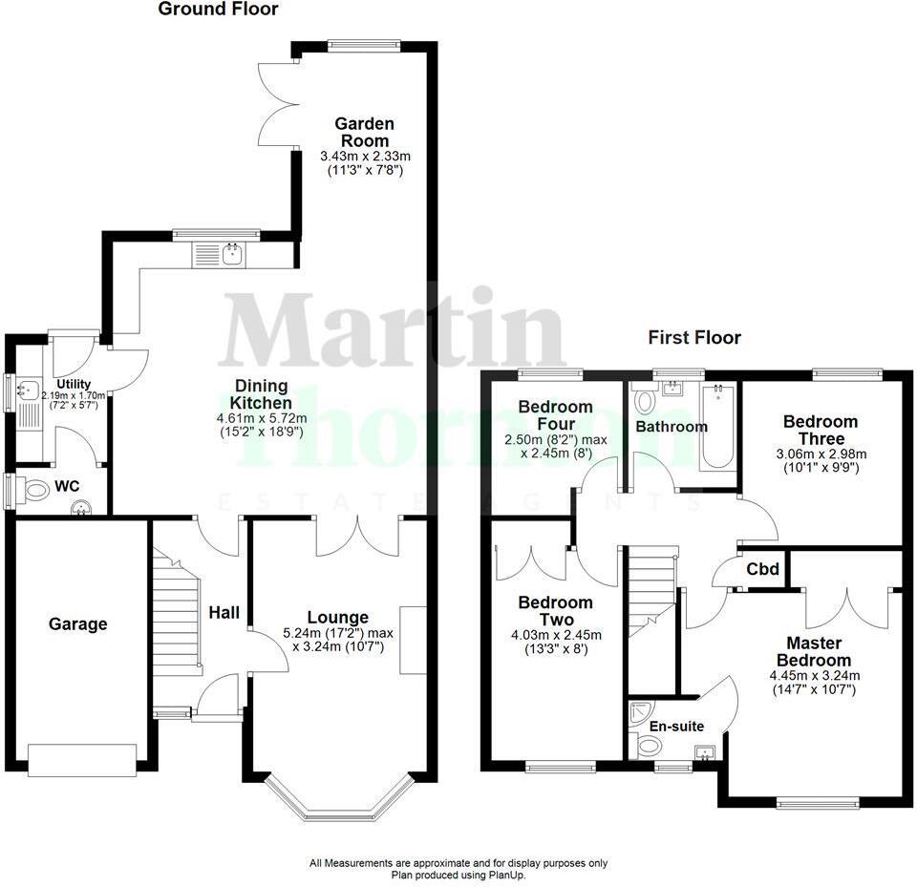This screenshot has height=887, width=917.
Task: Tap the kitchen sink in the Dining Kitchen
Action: pos(230,254)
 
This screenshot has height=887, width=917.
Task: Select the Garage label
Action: pos(78,624)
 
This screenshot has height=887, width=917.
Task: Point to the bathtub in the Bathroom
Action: pos(717,429)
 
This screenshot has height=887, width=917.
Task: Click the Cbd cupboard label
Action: pos(763,570)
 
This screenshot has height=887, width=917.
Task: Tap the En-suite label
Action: pos(676,727)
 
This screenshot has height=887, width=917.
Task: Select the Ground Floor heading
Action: pos(218,10)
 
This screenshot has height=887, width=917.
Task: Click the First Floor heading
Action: pos(694,337)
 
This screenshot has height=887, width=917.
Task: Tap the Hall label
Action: pos(224,613)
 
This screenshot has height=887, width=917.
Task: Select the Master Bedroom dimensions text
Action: pos(814,682)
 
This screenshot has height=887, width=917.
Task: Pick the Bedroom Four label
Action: pos(555,415)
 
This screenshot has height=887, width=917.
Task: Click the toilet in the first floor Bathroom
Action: pos(644,400)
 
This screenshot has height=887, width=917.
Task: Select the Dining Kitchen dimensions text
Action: pos(260,425)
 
